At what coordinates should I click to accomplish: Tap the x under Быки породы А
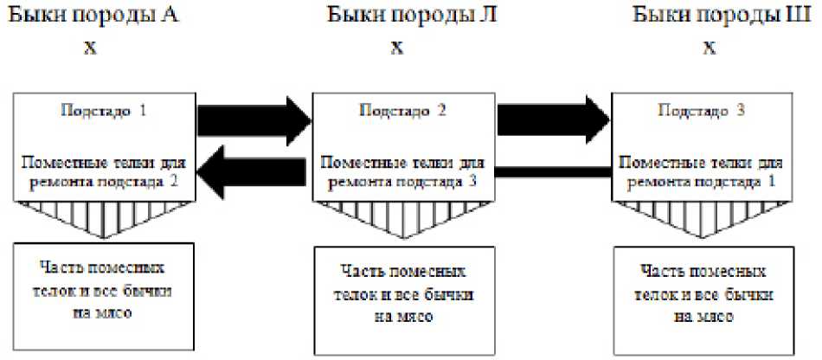[x=90, y=48]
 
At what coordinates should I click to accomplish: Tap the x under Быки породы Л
[x=397, y=48]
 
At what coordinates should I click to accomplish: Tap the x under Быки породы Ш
[x=709, y=48]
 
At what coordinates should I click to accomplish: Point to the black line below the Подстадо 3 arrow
[x=555, y=173]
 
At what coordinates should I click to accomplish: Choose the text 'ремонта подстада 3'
[x=402, y=181]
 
